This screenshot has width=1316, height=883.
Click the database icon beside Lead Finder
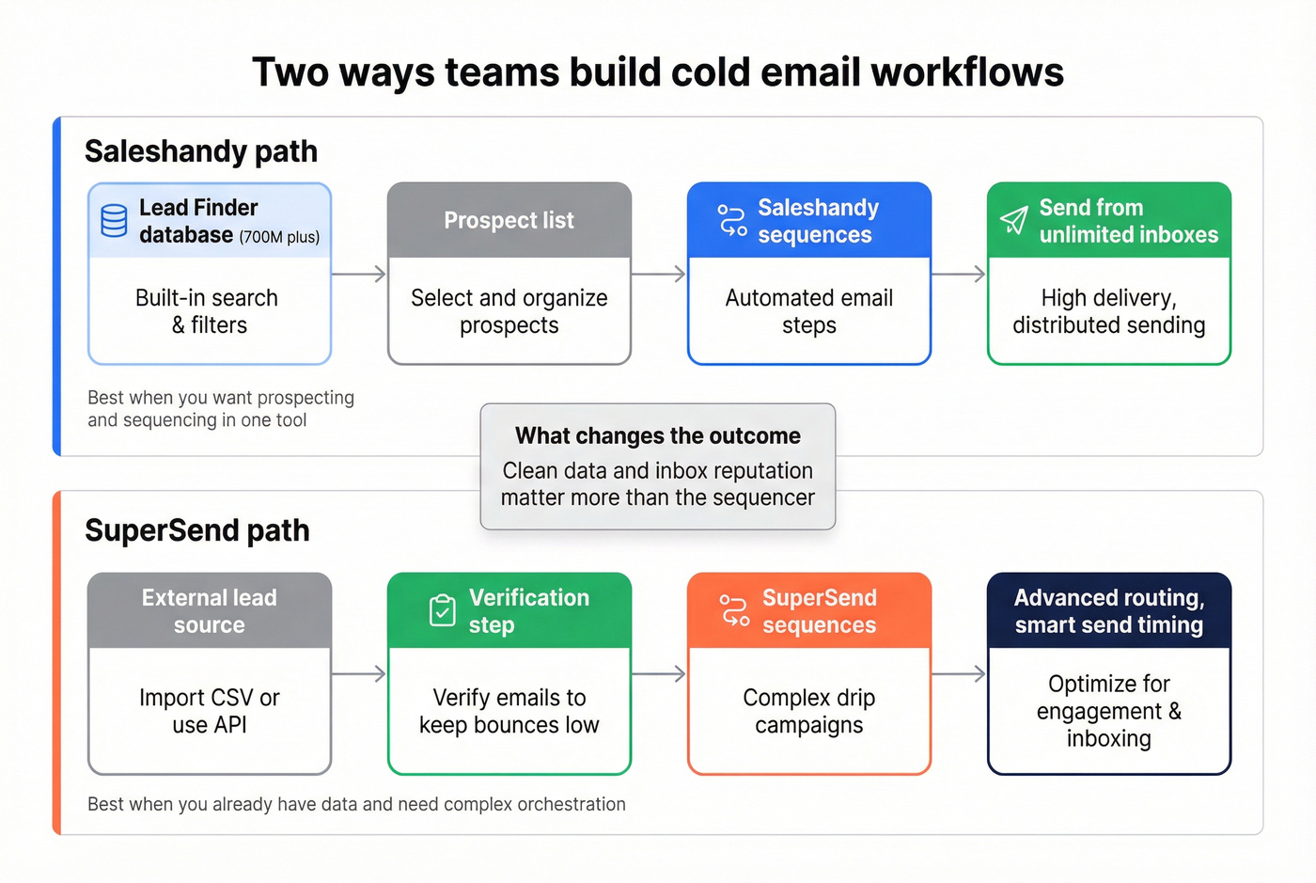114,221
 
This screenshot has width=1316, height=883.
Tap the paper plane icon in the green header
1013,221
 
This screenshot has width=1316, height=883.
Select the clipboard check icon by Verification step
442,611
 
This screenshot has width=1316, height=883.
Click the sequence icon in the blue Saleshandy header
732,220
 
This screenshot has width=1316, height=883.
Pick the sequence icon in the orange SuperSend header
734,611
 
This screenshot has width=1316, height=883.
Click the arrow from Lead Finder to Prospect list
359,275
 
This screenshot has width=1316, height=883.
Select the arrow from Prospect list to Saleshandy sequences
659,275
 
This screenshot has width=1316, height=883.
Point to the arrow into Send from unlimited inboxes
959,275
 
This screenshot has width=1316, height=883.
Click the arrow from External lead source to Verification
359,674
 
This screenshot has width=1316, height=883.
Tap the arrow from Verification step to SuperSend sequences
659,674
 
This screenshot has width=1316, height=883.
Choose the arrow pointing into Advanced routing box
959,674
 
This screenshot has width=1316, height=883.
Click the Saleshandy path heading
201,151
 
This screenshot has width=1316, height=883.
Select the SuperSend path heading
197,530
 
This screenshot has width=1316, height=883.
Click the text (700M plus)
279,237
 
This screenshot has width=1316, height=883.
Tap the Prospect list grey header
509,221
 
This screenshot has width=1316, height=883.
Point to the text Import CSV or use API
210,711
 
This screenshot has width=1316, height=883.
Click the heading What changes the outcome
658,436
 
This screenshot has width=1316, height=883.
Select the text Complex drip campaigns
808,711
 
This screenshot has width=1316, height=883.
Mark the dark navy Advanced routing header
1109,611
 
